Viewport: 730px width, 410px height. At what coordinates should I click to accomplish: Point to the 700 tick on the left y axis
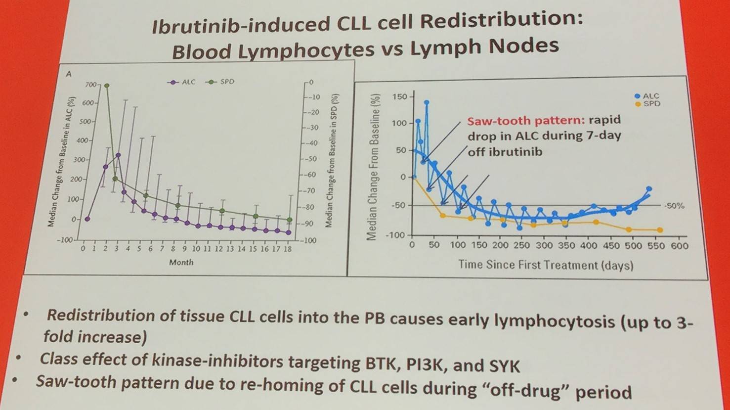[91, 85]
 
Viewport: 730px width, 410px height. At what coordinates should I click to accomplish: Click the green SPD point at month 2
[106, 86]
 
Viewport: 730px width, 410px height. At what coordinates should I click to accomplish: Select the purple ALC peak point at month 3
[118, 155]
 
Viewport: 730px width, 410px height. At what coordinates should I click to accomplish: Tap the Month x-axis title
[181, 262]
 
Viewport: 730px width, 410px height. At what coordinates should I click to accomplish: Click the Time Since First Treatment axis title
[545, 265]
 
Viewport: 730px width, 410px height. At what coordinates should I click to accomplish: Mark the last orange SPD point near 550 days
[660, 230]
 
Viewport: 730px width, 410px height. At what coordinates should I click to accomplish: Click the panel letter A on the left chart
[69, 74]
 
